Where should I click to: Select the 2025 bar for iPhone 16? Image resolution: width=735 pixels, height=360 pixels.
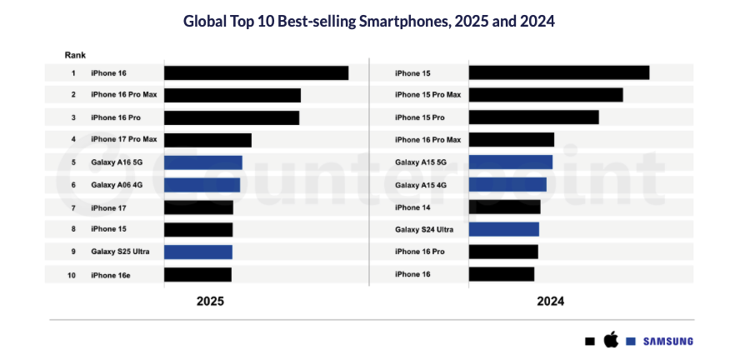(256, 73)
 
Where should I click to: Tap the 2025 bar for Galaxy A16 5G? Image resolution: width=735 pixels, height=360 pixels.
(203, 162)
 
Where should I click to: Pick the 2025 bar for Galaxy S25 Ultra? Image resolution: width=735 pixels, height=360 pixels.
(198, 252)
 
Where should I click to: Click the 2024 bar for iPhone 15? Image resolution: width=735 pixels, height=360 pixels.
(559, 73)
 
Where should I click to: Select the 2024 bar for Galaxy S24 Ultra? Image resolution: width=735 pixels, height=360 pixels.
(504, 229)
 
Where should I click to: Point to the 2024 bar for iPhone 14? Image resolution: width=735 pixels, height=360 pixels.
(505, 207)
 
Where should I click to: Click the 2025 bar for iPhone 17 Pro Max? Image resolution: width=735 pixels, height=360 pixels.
(207, 140)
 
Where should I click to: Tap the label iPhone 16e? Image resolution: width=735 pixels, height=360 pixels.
(111, 274)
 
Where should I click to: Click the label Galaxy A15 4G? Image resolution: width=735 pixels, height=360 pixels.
(421, 185)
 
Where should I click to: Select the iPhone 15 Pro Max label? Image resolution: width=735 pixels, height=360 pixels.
(427, 95)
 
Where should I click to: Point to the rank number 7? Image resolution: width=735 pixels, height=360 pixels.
(73, 207)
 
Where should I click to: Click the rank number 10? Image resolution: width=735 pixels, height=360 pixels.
(73, 274)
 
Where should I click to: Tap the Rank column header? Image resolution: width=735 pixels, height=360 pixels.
(75, 55)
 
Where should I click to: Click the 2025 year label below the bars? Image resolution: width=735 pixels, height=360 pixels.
(210, 302)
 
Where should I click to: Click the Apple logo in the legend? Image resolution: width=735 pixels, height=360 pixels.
(611, 339)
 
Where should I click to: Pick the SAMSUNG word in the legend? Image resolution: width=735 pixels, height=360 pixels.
(667, 341)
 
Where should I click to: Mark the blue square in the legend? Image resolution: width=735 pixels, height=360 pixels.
(632, 341)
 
